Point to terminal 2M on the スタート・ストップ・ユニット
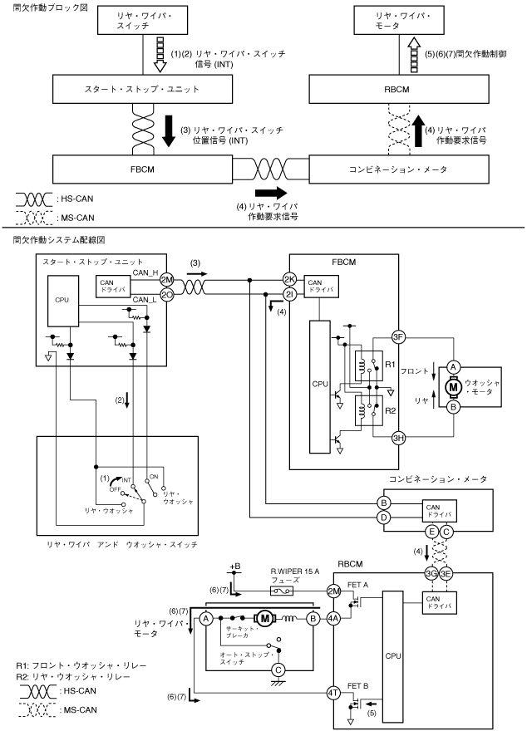(166, 278)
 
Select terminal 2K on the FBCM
(289, 278)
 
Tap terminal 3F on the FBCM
(398, 336)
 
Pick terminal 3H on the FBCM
(398, 439)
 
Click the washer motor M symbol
(454, 387)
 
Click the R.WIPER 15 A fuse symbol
(279, 591)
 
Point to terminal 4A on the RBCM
(333, 618)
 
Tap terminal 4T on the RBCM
(333, 693)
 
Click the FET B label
(358, 684)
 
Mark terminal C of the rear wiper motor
(278, 669)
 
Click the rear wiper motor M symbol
(266, 618)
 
